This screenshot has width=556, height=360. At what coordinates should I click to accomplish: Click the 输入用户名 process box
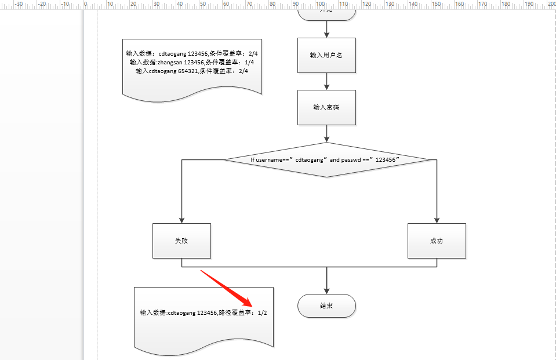pos(326,55)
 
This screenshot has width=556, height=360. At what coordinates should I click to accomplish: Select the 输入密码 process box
pos(326,107)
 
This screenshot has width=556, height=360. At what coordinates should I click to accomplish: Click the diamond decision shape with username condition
pos(327,159)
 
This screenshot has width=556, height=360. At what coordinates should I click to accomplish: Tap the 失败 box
pos(181,241)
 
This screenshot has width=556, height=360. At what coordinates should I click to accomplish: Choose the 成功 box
pos(437,241)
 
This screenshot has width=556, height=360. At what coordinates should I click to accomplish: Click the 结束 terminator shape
pos(326,306)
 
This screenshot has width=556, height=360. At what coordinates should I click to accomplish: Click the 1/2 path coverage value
pos(263,313)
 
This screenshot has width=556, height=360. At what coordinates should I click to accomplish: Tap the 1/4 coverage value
pos(249,62)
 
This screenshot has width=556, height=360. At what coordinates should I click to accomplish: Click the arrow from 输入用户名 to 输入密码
pos(327,81)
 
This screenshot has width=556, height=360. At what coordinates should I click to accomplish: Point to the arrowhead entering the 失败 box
pos(181,220)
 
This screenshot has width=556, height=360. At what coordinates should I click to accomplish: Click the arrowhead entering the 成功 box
pos(437,220)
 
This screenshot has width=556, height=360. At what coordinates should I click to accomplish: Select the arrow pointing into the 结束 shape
pos(327,290)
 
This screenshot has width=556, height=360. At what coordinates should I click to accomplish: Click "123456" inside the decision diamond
pos(388,159)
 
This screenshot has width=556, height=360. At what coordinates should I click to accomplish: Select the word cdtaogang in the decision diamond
pos(309,159)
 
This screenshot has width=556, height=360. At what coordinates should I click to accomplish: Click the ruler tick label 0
pos(86,4)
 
